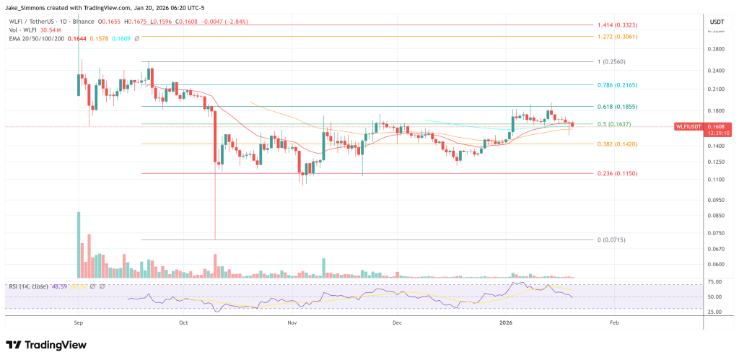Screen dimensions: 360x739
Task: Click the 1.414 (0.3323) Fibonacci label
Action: (616, 25)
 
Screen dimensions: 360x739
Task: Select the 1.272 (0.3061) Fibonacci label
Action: (616, 36)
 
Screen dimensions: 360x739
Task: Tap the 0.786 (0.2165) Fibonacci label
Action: (616, 85)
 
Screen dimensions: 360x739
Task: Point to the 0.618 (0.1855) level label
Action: (616, 106)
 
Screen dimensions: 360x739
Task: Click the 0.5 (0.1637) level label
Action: (614, 124)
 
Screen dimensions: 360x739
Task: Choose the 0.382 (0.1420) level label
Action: (616, 144)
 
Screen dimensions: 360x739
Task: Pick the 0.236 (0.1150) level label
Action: (616, 174)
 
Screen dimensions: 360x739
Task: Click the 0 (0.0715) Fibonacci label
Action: (611, 240)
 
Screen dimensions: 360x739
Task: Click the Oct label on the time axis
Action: (183, 324)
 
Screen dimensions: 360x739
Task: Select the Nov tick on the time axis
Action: (292, 324)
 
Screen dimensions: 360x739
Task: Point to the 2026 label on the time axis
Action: (507, 324)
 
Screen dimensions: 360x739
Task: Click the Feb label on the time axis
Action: (613, 324)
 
